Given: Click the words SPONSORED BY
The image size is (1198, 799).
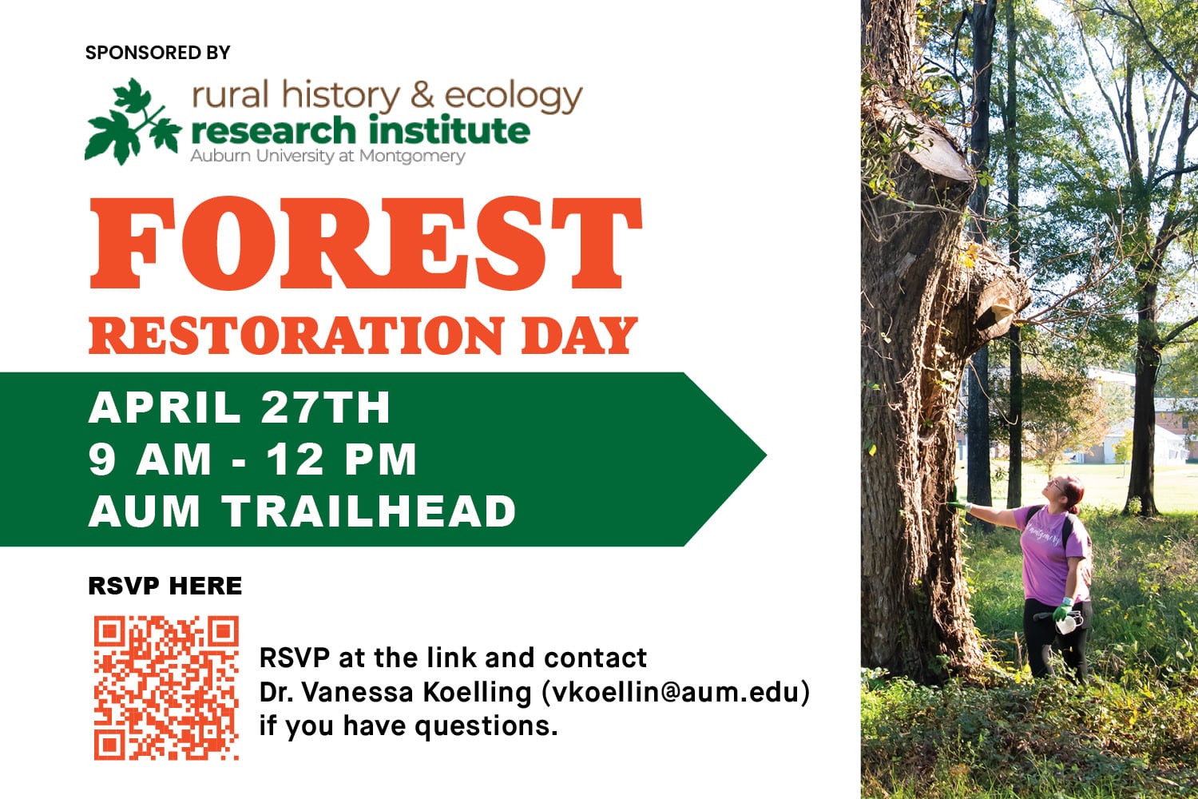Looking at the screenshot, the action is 157,53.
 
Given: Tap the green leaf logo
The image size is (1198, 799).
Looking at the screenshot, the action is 133,121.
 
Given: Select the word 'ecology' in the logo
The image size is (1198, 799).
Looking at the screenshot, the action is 514,98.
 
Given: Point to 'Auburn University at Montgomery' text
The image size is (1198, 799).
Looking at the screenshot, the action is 327,157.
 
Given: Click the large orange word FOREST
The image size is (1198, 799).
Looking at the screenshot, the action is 366,243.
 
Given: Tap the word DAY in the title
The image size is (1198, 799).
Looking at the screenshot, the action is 579,336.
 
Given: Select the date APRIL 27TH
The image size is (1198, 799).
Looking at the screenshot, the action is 239,407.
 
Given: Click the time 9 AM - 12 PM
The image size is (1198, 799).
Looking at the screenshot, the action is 252,459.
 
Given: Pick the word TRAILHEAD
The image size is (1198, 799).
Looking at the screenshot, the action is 370,511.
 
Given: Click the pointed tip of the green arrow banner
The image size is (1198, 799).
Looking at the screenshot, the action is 766,455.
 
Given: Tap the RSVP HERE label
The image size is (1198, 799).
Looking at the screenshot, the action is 165,586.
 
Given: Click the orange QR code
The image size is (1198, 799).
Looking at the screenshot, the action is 166,688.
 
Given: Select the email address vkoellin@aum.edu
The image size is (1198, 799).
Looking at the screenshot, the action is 676,692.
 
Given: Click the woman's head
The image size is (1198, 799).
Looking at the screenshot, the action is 1065,492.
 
